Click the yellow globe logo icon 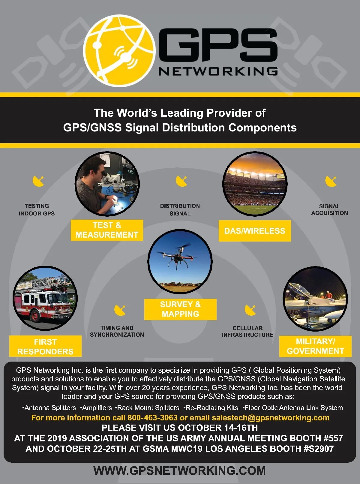(119, 51)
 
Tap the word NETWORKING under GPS (218, 71)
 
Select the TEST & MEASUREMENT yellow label (107, 230)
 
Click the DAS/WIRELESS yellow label (255, 231)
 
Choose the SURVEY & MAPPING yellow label (180, 309)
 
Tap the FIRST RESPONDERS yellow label (45, 347)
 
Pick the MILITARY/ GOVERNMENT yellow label (315, 346)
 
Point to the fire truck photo (45, 299)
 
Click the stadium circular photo (255, 184)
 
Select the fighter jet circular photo (315, 299)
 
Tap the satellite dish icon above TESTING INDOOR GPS (38, 181)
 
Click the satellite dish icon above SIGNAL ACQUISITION (331, 181)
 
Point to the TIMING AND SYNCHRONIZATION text (117, 331)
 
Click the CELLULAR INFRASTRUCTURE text (247, 332)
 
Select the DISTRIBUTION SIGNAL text (180, 210)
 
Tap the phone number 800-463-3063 (152, 418)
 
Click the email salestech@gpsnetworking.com (270, 418)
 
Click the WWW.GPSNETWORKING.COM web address (180, 470)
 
